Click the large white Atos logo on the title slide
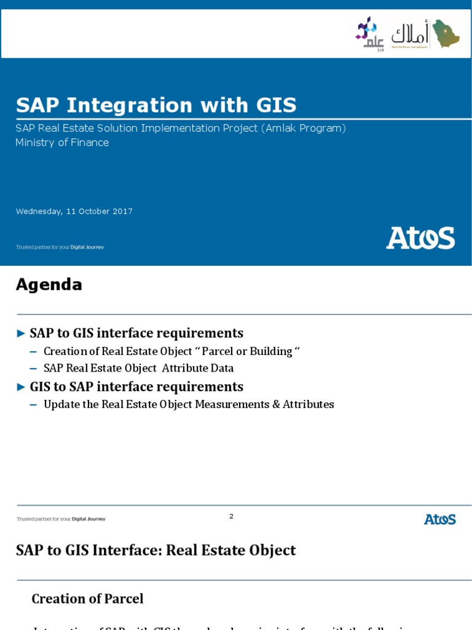[420, 238]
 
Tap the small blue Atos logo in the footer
[439, 519]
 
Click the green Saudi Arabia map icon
[446, 34]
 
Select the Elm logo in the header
[370, 34]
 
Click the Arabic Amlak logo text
[410, 34]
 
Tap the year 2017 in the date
[123, 212]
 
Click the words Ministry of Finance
[62, 143]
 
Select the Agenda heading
[49, 284]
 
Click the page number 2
[231, 516]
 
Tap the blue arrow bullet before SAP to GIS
[21, 333]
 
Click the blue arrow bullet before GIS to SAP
[21, 387]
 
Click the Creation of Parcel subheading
[87, 599]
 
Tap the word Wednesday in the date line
[39, 212]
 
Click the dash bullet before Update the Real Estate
[33, 404]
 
